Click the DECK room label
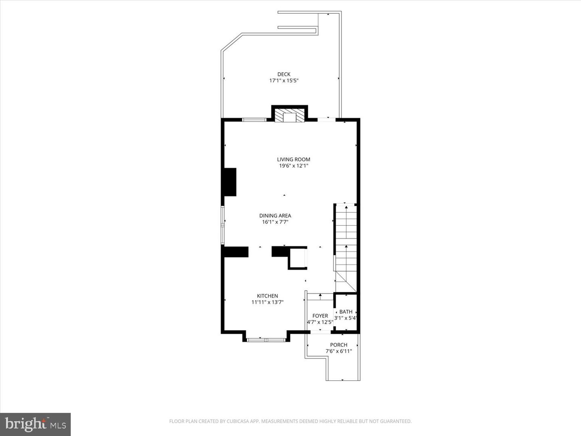(x=284, y=74)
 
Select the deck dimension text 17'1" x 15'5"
(x=284, y=81)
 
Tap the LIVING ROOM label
(x=293, y=159)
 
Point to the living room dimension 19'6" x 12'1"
(x=293, y=166)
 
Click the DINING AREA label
(x=275, y=216)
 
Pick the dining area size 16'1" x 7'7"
(x=275, y=222)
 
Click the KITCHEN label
(x=267, y=296)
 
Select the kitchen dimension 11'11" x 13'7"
(x=267, y=302)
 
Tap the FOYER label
(x=320, y=316)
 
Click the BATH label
(x=346, y=312)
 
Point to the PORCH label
(x=339, y=345)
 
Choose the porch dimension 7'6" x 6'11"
(x=339, y=351)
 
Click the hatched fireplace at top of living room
(x=289, y=115)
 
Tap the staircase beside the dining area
(x=346, y=242)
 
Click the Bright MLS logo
(x=36, y=424)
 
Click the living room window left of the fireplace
(x=254, y=119)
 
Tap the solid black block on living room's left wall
(x=230, y=182)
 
